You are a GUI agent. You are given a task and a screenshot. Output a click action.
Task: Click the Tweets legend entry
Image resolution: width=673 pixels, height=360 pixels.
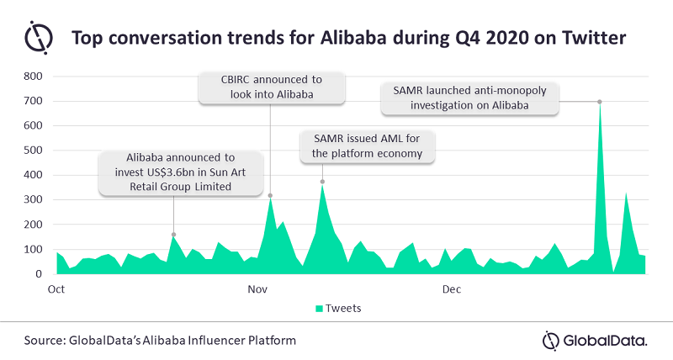[338, 308]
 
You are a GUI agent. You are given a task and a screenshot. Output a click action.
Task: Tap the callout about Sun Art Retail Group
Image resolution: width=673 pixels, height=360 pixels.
[183, 173]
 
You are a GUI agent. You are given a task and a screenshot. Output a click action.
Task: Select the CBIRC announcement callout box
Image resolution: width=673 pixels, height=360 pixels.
[272, 87]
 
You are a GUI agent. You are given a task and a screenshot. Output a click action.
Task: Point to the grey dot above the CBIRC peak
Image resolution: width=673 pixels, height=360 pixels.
[270, 196]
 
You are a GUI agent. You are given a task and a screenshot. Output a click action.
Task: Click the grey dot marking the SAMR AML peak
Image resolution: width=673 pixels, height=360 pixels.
[322, 182]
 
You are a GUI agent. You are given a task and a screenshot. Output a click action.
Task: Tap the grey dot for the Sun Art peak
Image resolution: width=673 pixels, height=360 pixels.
[173, 235]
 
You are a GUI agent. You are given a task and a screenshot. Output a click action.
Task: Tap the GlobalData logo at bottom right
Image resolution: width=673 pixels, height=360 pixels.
[595, 340]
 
